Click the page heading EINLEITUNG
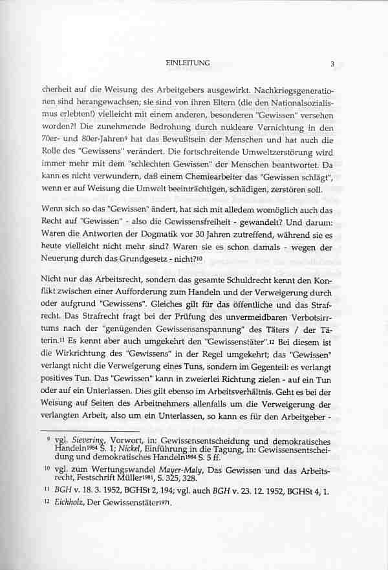click(x=188, y=63)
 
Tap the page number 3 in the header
click(x=332, y=63)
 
